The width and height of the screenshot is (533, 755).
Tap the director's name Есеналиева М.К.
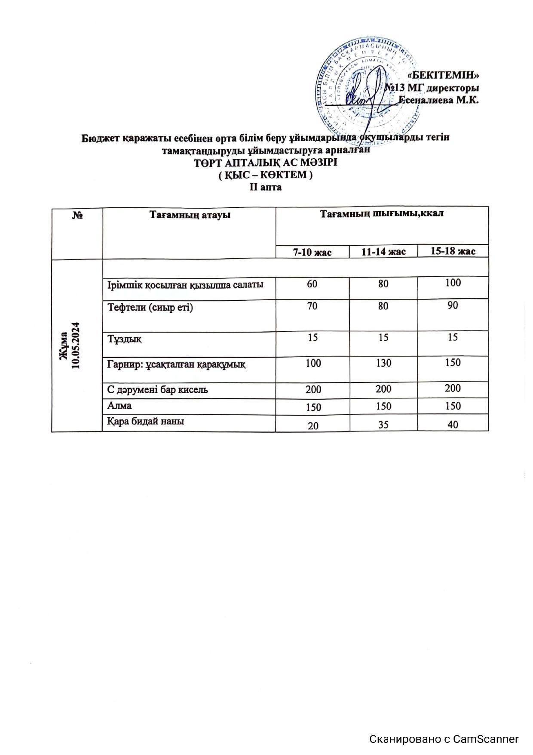[439, 100]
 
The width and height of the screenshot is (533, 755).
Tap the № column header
[77, 215]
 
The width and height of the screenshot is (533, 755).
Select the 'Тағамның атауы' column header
[190, 215]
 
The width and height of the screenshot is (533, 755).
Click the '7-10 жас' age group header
[312, 252]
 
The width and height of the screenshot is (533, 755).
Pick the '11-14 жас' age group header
[383, 252]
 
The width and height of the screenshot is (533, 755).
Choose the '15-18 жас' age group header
[453, 251]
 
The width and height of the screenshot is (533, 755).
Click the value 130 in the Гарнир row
[383, 364]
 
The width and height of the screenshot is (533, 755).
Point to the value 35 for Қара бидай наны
[383, 425]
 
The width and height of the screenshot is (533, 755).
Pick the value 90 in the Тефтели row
[453, 306]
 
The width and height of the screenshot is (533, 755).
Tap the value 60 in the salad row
[312, 284]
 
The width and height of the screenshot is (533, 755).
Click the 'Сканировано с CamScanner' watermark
[444, 739]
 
